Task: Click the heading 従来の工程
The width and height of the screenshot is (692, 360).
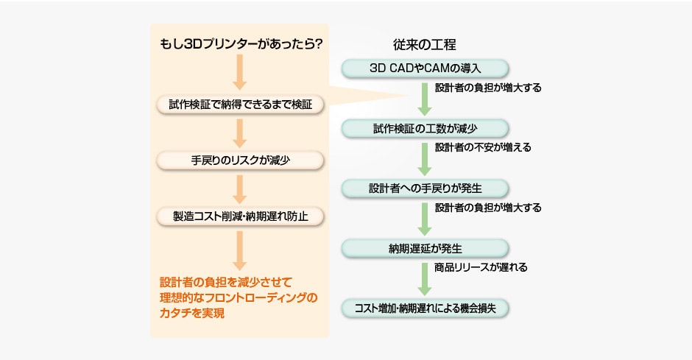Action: (x=426, y=43)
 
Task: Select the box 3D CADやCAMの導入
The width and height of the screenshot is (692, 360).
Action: (x=425, y=68)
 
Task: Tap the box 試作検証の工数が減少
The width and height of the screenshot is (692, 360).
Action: (x=425, y=129)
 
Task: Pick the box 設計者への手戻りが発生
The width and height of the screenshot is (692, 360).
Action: (x=425, y=188)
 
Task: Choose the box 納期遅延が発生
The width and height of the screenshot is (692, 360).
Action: (x=425, y=247)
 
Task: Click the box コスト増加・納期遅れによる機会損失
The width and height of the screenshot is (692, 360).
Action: (x=425, y=308)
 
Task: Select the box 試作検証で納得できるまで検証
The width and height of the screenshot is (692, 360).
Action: (x=240, y=105)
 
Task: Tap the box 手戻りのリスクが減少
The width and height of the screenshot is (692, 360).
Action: (x=240, y=160)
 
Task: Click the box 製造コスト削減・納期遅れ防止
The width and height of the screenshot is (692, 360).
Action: (x=240, y=216)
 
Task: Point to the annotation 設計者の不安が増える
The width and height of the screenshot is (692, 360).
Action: (x=483, y=147)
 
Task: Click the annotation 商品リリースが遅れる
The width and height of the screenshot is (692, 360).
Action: (x=481, y=267)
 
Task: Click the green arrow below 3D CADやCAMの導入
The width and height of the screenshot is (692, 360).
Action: (x=425, y=99)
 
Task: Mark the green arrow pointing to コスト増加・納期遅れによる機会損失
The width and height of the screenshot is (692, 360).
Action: (x=425, y=278)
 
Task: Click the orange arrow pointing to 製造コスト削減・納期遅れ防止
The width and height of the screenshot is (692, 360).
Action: (x=240, y=188)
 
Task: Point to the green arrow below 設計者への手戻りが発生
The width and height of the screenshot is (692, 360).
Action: (x=425, y=218)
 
